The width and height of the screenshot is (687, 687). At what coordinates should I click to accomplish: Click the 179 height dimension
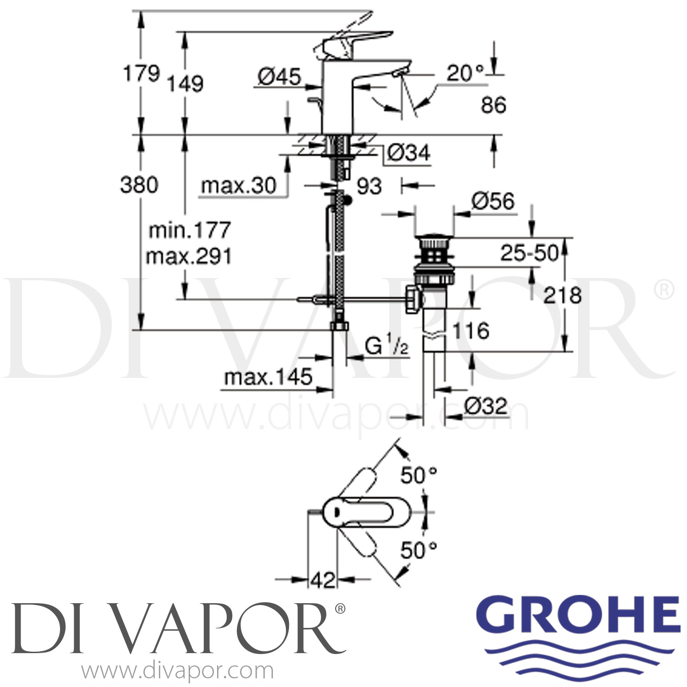pos(142,73)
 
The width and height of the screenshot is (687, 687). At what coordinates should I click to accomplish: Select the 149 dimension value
pos(185,84)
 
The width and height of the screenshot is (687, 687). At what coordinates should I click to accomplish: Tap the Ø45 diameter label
pos(279,76)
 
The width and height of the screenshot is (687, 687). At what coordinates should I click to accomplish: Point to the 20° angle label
pos(465,73)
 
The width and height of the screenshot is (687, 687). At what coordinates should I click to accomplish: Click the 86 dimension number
pos(493,105)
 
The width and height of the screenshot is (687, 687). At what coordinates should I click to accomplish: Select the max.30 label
pos(239,186)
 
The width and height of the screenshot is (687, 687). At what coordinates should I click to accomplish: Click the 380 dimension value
pos(139,185)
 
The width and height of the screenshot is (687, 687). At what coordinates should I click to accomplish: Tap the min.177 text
pos(190,230)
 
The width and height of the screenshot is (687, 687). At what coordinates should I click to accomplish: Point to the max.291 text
pos(189,256)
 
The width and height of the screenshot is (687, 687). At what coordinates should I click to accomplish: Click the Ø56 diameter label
pos(493,202)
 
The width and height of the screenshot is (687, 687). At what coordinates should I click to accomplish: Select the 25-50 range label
pos(529,253)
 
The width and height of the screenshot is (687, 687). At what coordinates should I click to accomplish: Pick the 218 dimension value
pos(562,295)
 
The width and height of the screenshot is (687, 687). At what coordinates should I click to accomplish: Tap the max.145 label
pos(268,377)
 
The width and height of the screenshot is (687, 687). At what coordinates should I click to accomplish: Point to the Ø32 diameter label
pos(485,406)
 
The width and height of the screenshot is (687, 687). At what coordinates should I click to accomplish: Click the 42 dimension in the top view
pos(323,580)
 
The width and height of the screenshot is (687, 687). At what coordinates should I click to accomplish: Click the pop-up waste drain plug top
pos(434,239)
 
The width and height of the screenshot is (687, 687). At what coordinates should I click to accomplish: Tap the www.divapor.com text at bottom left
pos(178,671)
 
